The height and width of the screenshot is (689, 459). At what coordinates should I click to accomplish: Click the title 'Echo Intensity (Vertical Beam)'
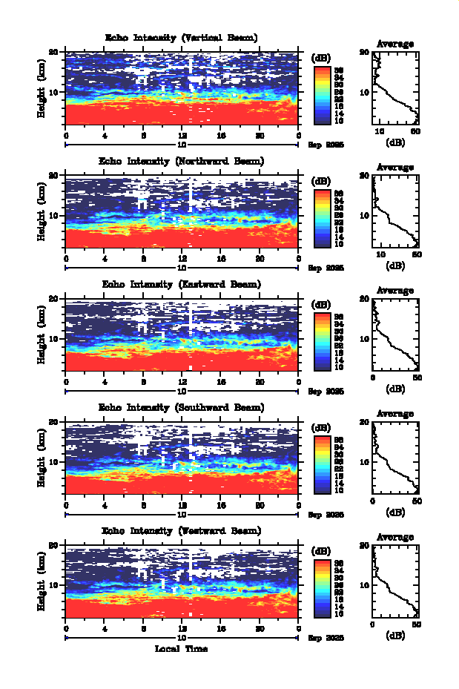coord(182,38)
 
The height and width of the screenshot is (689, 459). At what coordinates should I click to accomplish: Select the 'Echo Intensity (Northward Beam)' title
coord(182,161)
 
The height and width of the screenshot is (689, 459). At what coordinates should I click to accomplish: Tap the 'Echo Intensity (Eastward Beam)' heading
coord(182,284)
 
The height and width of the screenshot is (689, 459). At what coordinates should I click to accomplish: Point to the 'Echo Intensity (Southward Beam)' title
coord(182,407)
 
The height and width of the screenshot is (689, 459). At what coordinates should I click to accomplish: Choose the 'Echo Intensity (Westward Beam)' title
coord(182,530)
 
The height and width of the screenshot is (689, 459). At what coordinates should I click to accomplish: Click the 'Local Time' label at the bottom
coord(182,649)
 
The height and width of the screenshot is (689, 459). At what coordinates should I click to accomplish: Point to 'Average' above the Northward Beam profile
coord(395,168)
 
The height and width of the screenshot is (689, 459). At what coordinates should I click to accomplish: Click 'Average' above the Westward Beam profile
coord(395,537)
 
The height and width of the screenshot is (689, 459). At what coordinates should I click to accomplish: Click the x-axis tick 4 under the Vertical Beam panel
coord(105,135)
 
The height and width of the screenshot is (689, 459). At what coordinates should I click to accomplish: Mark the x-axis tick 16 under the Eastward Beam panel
coord(221,382)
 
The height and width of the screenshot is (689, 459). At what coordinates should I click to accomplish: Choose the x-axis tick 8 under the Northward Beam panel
coord(144,259)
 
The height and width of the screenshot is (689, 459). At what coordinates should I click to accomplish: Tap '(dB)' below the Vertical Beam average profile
coord(395,142)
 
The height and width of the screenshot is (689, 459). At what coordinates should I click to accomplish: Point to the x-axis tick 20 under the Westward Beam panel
coord(260,628)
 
